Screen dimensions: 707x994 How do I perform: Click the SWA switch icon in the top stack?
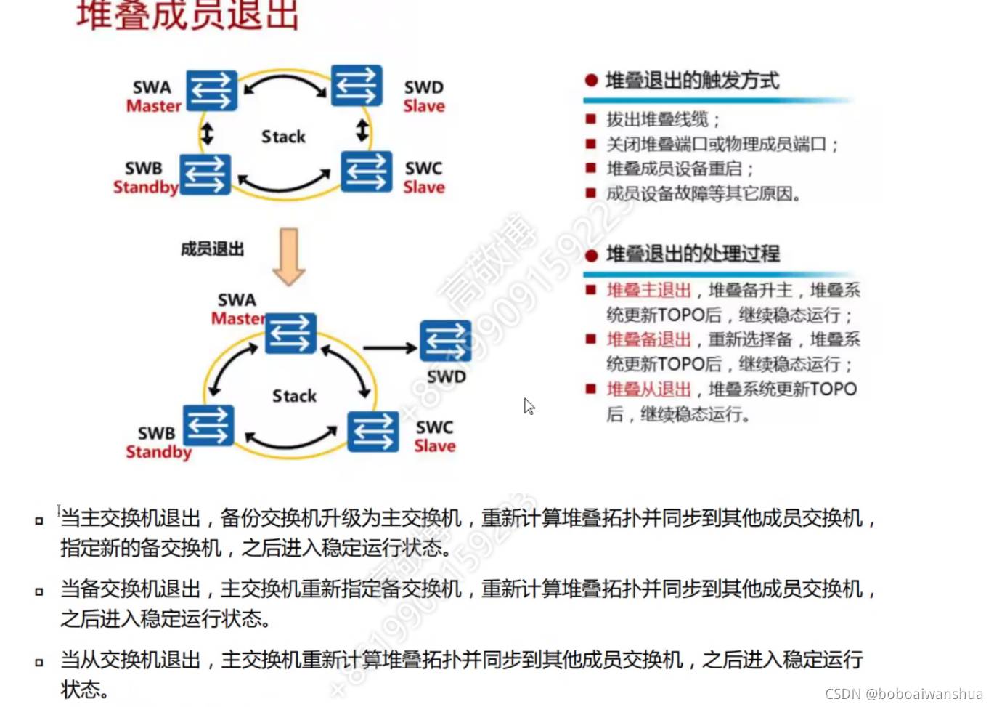coord(211,91)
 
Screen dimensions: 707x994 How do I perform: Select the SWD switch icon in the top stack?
coord(357,86)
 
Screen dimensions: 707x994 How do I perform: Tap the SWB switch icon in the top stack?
coord(205,174)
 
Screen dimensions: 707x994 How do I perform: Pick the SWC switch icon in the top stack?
coord(367,171)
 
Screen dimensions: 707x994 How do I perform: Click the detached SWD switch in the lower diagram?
coord(445,341)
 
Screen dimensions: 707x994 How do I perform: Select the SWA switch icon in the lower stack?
coord(290,334)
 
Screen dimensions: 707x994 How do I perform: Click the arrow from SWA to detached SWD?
coord(390,348)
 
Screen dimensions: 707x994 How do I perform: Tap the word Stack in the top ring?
coord(283,137)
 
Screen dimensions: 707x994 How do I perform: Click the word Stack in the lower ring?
coord(294,396)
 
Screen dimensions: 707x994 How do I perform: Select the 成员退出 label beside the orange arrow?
coord(212,249)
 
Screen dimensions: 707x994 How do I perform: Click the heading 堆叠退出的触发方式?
coord(692,81)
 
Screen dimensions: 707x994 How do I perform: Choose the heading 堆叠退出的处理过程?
coord(693,254)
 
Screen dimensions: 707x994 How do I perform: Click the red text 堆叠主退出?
coord(648,291)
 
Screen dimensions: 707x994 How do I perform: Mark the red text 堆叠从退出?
coord(648,389)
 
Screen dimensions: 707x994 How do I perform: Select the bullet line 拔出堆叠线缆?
coord(663,119)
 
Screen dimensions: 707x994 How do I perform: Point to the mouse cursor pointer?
coord(529,405)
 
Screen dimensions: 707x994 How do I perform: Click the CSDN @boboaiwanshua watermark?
coord(903,694)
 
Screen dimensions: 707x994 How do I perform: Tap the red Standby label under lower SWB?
coord(158,452)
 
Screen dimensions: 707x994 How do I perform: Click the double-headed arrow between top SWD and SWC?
coord(362,131)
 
